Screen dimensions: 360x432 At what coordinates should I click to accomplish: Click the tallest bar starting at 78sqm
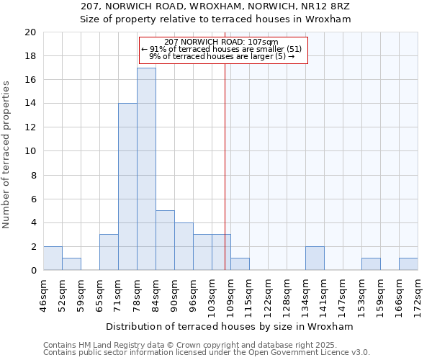click(146, 169)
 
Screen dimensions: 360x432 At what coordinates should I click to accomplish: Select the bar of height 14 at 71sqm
click(127, 187)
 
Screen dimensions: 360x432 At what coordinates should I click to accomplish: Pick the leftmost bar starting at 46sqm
click(53, 258)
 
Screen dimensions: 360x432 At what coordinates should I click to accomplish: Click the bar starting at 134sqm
click(315, 258)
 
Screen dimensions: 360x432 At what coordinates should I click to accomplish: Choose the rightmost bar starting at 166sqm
click(408, 264)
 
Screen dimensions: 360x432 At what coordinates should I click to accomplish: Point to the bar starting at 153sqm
click(371, 264)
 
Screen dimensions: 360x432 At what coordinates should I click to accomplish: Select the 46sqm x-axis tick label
click(44, 296)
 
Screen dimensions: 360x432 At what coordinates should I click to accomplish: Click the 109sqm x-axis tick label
click(231, 296)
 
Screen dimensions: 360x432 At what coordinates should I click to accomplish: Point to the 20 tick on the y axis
click(30, 32)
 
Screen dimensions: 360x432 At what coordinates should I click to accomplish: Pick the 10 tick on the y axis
click(30, 151)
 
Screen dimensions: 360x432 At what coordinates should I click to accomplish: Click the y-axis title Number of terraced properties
click(7, 155)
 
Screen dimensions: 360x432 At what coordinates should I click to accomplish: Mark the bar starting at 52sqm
click(71, 264)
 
